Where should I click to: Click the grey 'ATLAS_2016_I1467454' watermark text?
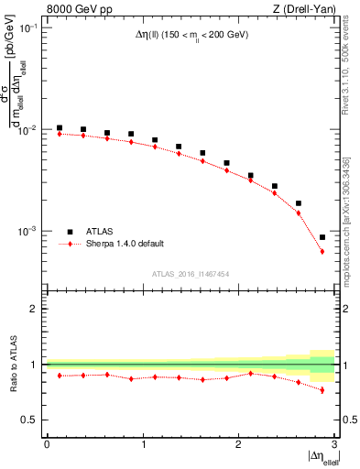(x=191, y=273)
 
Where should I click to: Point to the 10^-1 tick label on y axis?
(x=28, y=28)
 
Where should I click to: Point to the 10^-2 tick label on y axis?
(x=28, y=130)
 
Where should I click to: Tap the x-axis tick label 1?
(x=142, y=444)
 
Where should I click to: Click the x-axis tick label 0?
(x=47, y=444)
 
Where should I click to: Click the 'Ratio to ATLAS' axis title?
(x=13, y=364)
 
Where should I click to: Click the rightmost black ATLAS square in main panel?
(x=322, y=237)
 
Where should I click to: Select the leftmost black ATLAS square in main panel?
(x=60, y=128)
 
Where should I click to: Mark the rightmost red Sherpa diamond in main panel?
(x=322, y=251)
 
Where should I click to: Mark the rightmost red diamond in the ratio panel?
(x=322, y=390)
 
